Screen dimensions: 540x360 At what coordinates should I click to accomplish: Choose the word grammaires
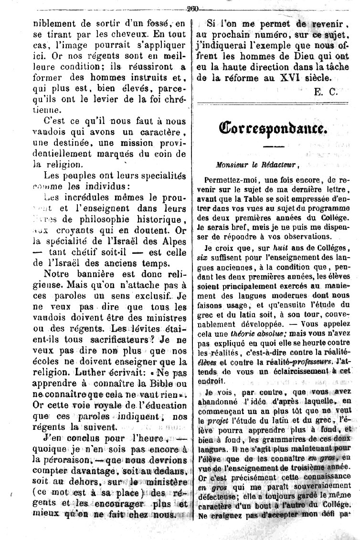[x=283, y=442]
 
